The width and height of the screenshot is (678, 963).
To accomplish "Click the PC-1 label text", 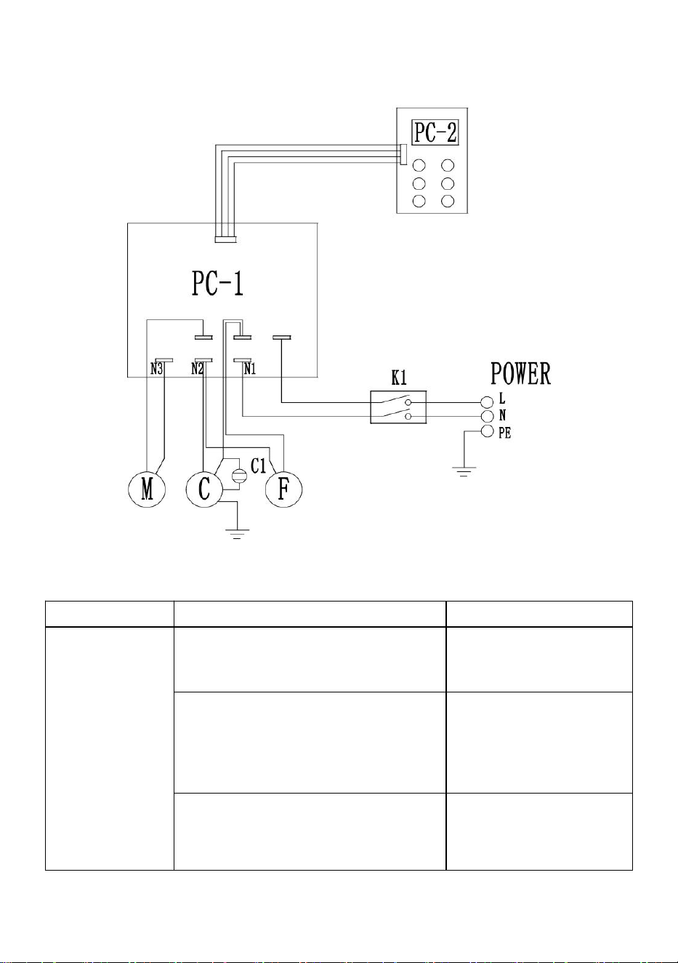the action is [217, 284].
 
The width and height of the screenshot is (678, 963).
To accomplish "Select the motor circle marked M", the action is [147, 490].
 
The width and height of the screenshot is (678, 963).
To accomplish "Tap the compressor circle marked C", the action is [204, 490].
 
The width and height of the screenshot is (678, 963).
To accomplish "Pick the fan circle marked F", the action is [283, 490].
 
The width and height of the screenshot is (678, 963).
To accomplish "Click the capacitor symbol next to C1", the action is [239, 476].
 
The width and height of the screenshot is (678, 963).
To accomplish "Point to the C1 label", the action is [258, 466].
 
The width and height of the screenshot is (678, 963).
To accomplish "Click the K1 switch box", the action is [398, 407].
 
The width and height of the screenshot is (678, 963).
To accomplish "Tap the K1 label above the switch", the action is [399, 378].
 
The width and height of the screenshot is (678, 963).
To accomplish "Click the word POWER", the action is [520, 374].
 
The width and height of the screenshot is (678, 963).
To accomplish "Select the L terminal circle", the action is [487, 402].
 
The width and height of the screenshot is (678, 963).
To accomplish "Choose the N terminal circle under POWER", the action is [487, 416].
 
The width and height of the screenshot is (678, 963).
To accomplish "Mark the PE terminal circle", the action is [487, 431].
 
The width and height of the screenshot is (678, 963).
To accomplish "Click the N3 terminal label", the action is [156, 369].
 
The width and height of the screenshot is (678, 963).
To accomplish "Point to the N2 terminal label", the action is [197, 369].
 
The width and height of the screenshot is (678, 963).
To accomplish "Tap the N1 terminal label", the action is [250, 369].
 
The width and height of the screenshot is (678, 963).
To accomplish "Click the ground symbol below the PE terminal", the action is [464, 472].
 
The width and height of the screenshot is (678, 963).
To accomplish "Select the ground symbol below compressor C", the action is [237, 534].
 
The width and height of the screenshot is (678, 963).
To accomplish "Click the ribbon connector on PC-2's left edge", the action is [403, 155].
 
